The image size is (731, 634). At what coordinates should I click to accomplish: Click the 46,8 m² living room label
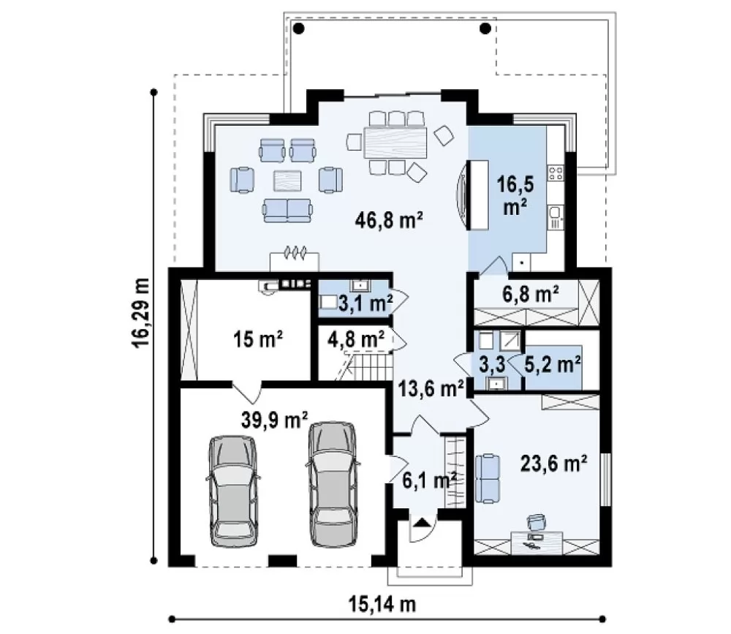coord(389,219)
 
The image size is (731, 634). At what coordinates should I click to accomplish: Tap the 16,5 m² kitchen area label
coord(515,196)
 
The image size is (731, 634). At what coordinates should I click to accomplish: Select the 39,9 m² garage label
coord(275,420)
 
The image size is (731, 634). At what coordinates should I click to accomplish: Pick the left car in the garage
coord(232,491)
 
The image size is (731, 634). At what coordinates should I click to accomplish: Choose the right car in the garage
coord(333,485)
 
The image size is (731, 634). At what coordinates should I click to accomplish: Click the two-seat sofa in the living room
coord(287,211)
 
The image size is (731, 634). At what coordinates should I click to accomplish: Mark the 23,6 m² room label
coord(553,464)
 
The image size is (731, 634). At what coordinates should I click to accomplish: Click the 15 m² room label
coord(258,339)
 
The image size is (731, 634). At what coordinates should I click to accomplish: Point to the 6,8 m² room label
coord(531,294)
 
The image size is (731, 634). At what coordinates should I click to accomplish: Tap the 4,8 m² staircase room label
coord(356,339)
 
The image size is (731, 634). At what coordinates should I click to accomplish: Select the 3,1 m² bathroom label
coord(364,303)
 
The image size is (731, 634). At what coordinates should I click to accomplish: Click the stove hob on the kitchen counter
coord(556,173)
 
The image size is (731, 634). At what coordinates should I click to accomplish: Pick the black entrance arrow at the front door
coord(421,521)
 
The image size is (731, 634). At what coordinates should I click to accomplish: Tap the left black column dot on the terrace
coord(299,29)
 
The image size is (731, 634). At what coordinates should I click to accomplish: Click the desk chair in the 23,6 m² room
coord(537,521)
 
